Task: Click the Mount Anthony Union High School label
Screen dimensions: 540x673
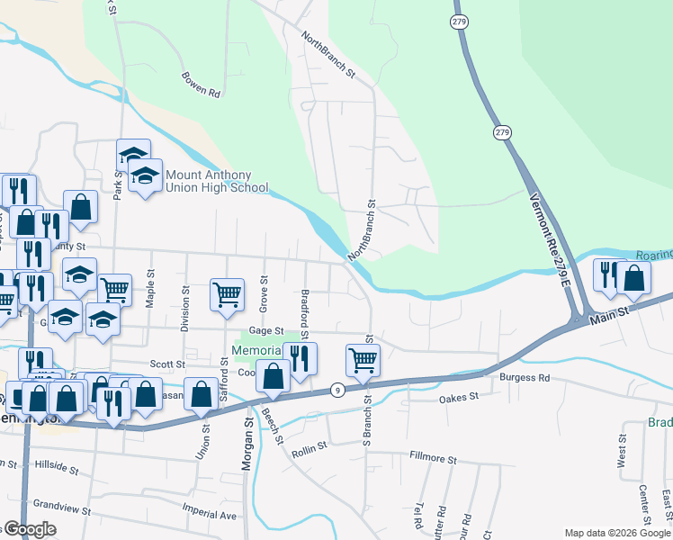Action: pos(215,182)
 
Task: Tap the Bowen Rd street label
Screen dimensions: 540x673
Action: pos(201,85)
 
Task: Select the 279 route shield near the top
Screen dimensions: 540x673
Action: pos(461,21)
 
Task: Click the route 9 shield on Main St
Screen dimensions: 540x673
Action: pos(336,390)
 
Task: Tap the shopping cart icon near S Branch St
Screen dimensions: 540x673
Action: pos(363,359)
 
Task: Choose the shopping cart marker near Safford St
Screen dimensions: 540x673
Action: pos(227,293)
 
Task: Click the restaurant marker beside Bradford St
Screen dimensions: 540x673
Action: pos(300,357)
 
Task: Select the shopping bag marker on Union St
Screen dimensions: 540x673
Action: pos(201,393)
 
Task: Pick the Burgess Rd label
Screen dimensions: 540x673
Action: pos(525,378)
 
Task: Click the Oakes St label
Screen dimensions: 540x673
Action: pos(456,398)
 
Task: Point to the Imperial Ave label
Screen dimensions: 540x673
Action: pos(208,516)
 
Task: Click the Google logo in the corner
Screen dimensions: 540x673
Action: pos(29,529)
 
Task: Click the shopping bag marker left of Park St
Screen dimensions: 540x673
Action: pos(81,206)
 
